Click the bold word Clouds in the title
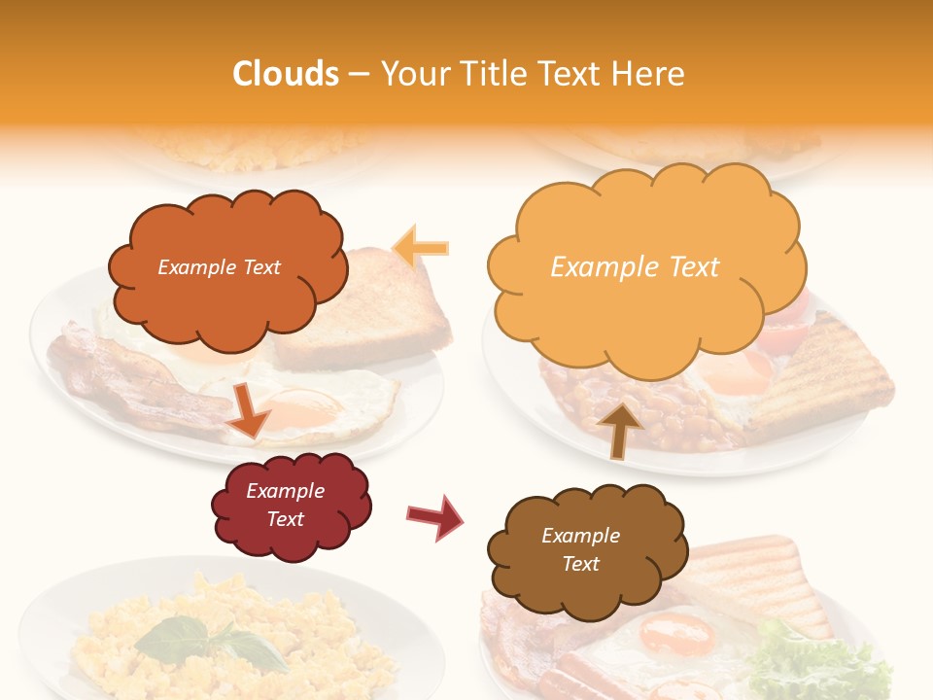pyautogui.click(x=286, y=74)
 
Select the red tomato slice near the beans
pyautogui.click(x=787, y=331)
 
